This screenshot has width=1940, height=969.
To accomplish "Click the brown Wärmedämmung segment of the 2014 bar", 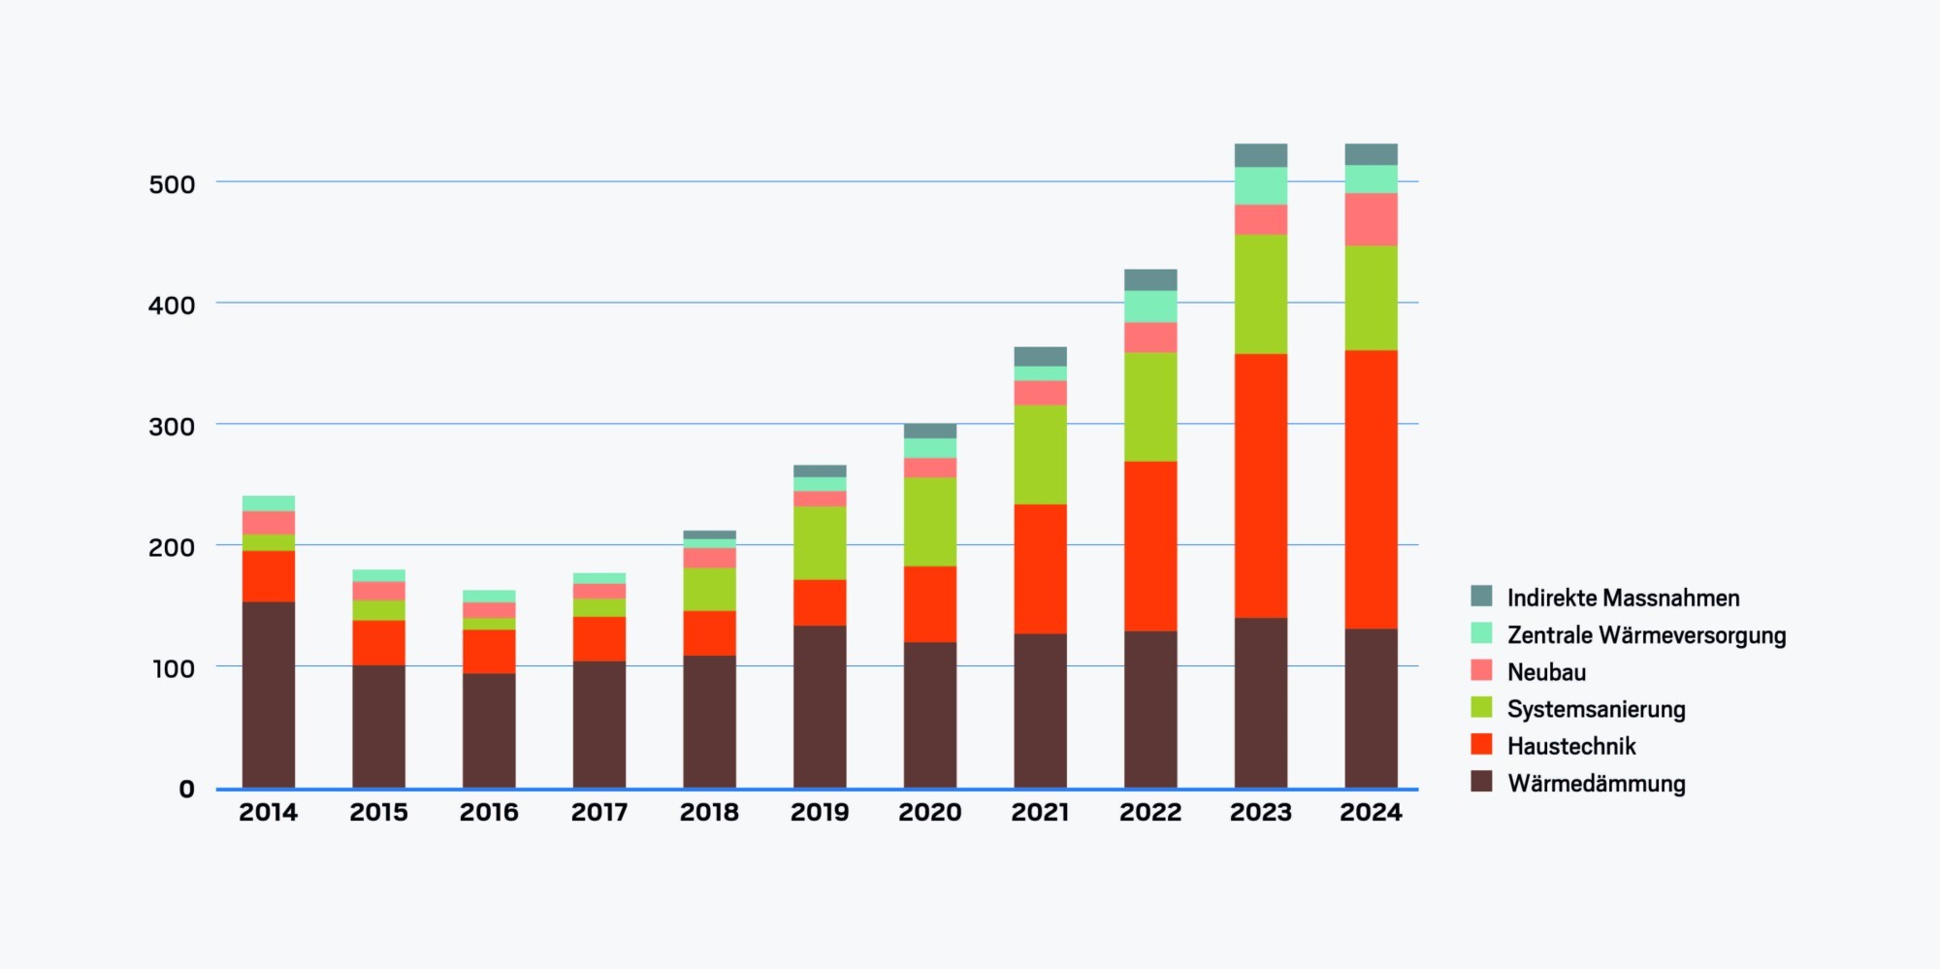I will pyautogui.click(x=269, y=694).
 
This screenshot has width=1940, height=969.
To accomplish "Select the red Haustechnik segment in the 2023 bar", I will pyautogui.click(x=1261, y=485).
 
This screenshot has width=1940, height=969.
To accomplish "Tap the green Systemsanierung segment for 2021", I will pyautogui.click(x=1040, y=454).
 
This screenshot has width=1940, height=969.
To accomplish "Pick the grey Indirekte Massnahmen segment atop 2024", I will pyautogui.click(x=1371, y=154).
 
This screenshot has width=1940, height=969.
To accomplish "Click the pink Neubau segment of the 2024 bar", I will pyautogui.click(x=1371, y=219).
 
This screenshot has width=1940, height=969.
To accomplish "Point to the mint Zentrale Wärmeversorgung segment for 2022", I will pyautogui.click(x=1150, y=307).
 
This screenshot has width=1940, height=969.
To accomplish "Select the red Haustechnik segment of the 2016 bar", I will pyautogui.click(x=489, y=652).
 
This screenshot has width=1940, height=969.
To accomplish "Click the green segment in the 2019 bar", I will pyautogui.click(x=820, y=543).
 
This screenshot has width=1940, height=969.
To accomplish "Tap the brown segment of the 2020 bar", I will pyautogui.click(x=930, y=715).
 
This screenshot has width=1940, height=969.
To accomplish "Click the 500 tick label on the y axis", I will pyautogui.click(x=172, y=184).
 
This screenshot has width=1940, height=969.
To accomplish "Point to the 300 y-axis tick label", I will pyautogui.click(x=172, y=427).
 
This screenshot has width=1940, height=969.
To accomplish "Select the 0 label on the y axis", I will pyautogui.click(x=186, y=790).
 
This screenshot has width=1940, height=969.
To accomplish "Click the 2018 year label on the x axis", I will pyautogui.click(x=709, y=813).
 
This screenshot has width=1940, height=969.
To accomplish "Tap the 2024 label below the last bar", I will pyautogui.click(x=1371, y=813).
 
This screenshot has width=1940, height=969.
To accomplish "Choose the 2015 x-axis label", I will pyautogui.click(x=378, y=813).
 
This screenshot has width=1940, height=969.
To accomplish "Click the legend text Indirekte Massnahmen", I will pyautogui.click(x=1623, y=598).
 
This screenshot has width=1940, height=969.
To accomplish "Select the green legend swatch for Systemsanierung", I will pyautogui.click(x=1481, y=707).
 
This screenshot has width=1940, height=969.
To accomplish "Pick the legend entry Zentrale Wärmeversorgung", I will pyautogui.click(x=1646, y=635).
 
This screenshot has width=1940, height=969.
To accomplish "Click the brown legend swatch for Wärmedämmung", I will pyautogui.click(x=1481, y=781).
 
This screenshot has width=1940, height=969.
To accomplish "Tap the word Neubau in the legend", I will pyautogui.click(x=1546, y=672).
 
